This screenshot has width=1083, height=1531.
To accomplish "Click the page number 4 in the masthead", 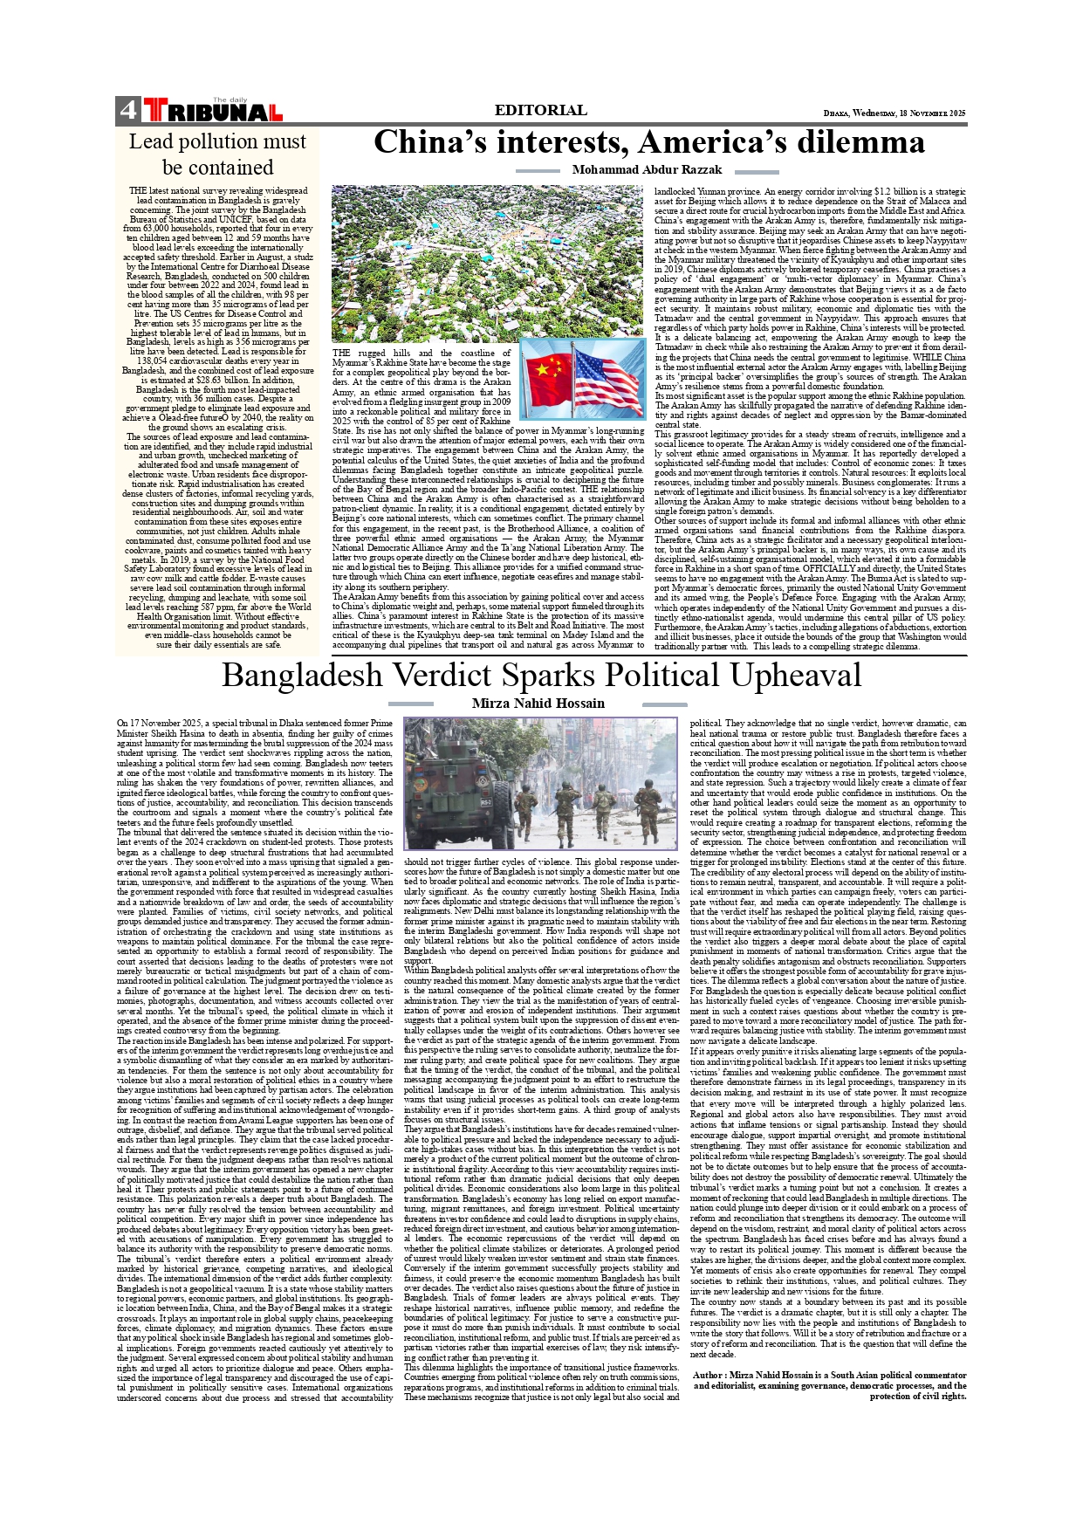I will [127, 110].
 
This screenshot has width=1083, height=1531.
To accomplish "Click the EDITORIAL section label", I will [540, 110].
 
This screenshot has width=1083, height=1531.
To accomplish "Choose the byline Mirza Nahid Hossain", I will [538, 704].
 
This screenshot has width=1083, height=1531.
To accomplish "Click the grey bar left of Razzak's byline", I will [538, 171].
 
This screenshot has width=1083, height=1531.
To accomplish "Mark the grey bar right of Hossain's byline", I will [664, 704].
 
